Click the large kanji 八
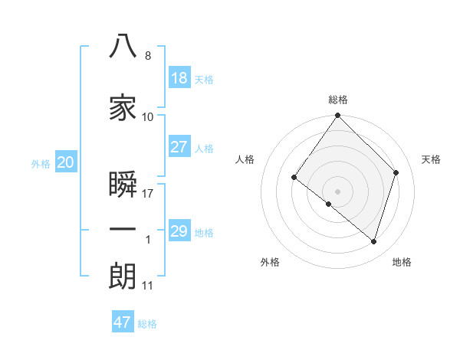(123, 46)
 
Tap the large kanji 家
(123, 107)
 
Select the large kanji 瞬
(123, 184)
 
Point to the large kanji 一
(123, 229)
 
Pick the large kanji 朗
(123, 276)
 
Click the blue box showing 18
(179, 77)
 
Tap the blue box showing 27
(179, 146)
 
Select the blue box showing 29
(179, 230)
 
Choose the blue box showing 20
(66, 162)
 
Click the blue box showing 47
(123, 321)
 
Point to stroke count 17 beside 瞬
(147, 194)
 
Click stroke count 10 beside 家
(147, 117)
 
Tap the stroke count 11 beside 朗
(147, 286)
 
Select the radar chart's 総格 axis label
(338, 100)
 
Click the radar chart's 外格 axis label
(270, 262)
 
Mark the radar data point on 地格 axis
(373, 242)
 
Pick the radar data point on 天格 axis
(396, 172)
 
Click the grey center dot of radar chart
(337, 191)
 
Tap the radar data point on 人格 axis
(294, 178)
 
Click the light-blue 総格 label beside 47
(147, 324)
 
